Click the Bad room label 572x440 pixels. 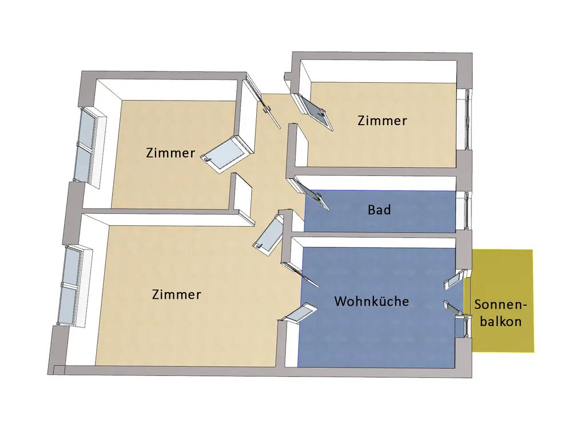379,210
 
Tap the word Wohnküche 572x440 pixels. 371,301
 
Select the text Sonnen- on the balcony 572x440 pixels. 500,305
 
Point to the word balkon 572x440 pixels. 500,321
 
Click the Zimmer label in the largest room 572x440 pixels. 177,295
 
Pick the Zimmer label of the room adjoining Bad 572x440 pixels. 382,121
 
